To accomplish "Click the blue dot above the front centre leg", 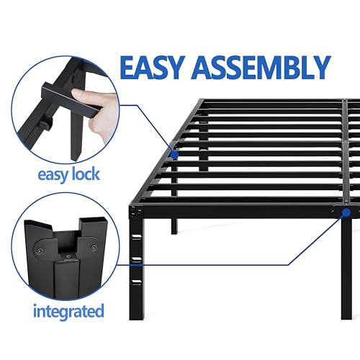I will pyautogui.click(x=346, y=213).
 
